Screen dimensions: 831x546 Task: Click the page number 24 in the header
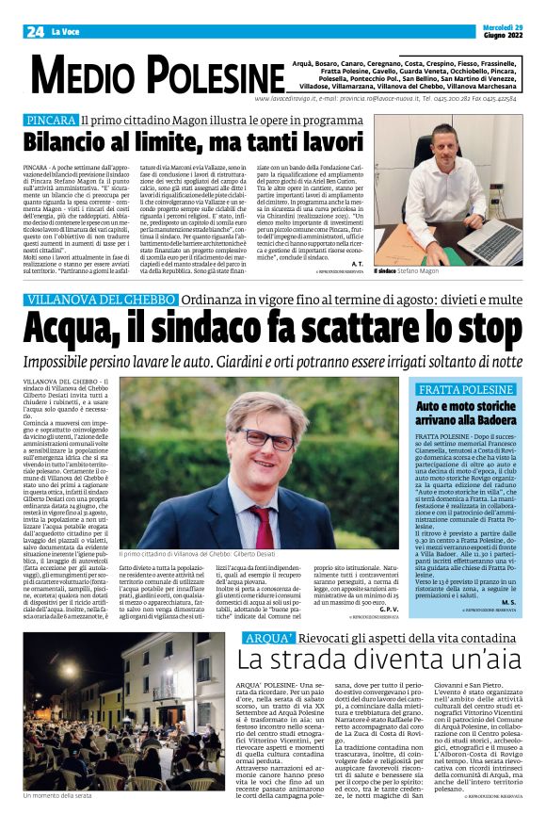click(36, 32)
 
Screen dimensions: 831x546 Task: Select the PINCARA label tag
click(51, 121)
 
